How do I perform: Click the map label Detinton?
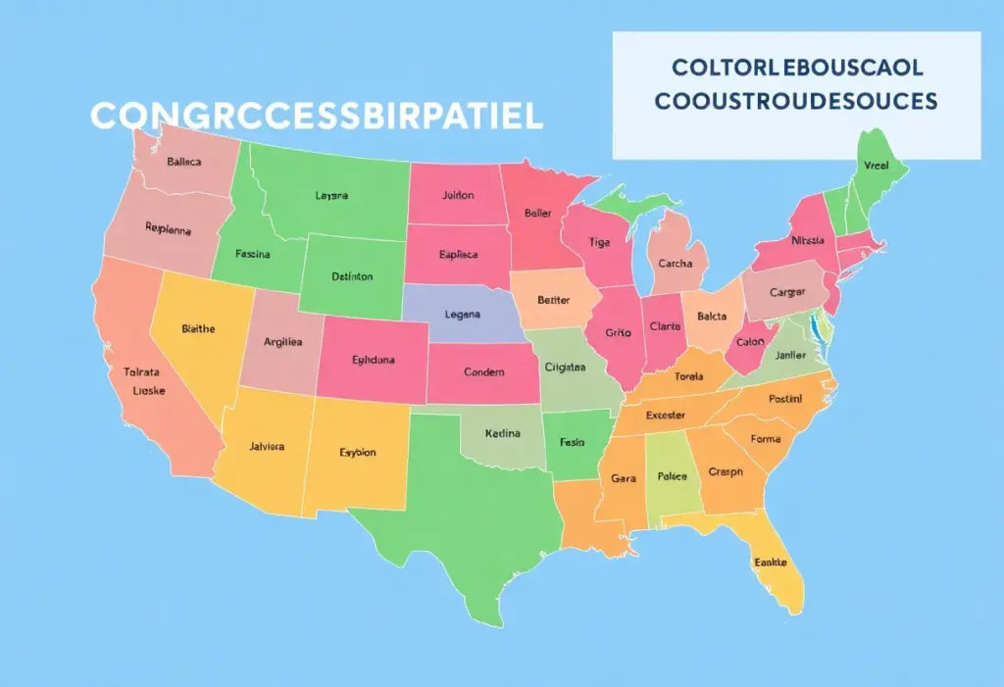[351, 276]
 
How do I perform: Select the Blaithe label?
[198, 329]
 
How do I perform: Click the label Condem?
[483, 372]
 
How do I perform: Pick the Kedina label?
[503, 432]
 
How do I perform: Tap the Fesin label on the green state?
[572, 442]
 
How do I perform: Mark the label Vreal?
[874, 167]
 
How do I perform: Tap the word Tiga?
[599, 242]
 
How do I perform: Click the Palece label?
[672, 476]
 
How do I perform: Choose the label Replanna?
[168, 229]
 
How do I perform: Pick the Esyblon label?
[357, 453]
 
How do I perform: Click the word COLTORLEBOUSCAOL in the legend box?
[797, 69]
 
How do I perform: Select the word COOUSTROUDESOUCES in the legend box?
[797, 101]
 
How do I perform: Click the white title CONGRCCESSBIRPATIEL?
[316, 116]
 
